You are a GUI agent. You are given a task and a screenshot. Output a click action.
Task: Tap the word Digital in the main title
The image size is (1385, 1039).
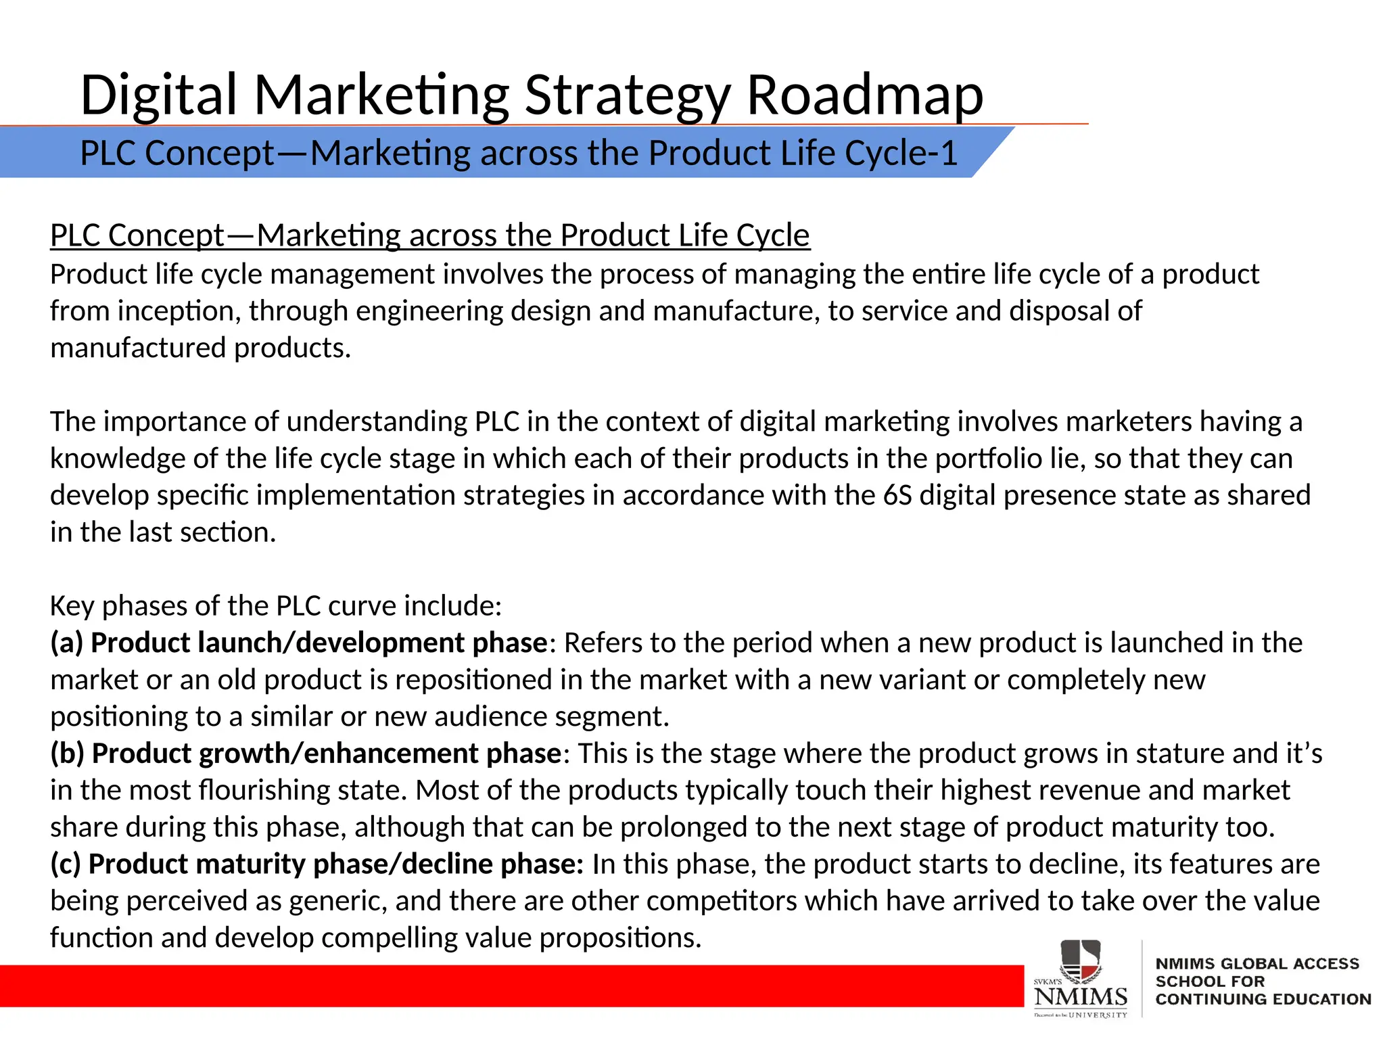coord(158,95)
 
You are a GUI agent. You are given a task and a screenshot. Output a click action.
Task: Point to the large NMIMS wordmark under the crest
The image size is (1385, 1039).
coord(1080,996)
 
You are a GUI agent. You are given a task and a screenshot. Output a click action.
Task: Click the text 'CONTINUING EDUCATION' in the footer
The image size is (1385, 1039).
coord(1263,999)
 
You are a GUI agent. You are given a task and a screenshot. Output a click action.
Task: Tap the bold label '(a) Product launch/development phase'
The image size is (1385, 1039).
coord(298,643)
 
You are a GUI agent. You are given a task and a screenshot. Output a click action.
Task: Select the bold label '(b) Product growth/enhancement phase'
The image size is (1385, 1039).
coord(305,754)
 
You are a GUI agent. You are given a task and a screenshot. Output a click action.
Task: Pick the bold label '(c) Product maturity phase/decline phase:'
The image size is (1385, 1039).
coord(316,864)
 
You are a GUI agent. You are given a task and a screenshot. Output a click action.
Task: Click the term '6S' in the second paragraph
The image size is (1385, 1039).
coord(897,495)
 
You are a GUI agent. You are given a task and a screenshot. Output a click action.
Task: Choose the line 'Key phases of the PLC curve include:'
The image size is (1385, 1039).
coord(276,606)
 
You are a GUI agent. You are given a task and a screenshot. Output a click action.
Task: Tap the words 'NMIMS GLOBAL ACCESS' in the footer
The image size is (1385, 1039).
coord(1257,963)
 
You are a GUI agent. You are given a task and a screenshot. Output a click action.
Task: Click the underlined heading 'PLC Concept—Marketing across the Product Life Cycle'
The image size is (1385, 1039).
coord(429,235)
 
